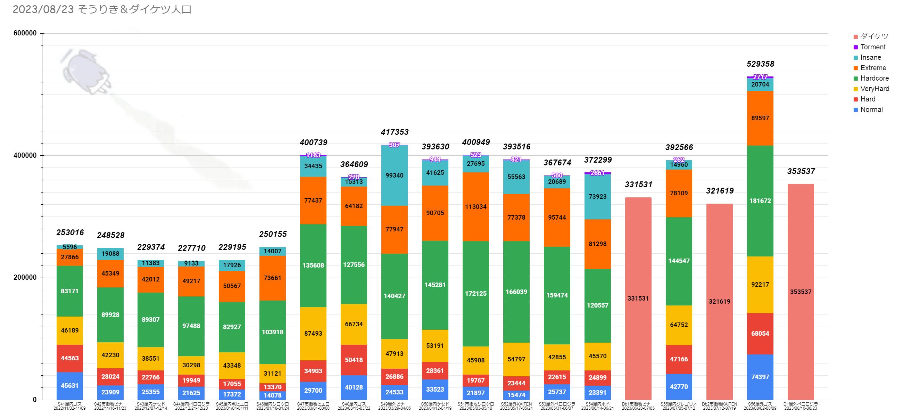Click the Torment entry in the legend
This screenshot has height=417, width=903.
point(872,47)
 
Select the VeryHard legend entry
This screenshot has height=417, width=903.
point(874,89)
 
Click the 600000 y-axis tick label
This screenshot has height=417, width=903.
point(25,33)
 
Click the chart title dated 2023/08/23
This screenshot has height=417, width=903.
point(102,9)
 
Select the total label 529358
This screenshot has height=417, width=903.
point(760,64)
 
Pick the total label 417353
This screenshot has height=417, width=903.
point(394,132)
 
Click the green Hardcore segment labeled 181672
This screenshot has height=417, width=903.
point(760,201)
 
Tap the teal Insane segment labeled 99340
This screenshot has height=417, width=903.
point(394,175)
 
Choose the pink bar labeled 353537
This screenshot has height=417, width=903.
point(801,292)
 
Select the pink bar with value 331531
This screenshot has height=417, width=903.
point(638,299)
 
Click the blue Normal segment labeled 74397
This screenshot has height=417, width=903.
point(760,377)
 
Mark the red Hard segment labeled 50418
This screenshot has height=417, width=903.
point(354,360)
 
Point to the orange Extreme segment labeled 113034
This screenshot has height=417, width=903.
point(476,206)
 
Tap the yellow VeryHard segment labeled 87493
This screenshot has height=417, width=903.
point(313,334)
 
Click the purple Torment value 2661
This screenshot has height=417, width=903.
point(597,173)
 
